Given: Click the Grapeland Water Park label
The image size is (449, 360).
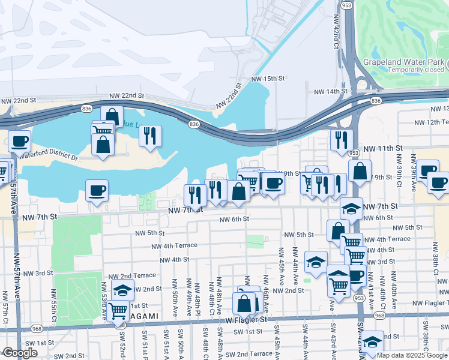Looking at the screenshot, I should coord(403,62).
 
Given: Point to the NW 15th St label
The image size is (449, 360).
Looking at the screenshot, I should coord(267,79).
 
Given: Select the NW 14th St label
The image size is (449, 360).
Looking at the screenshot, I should coord(331,91).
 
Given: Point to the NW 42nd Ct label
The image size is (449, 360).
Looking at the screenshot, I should coord(336,34).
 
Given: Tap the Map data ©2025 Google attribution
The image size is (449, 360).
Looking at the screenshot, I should coord(411,355).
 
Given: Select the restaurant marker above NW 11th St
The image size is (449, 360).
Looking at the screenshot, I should coord(342,140).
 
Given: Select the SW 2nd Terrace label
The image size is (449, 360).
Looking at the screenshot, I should coord(252,354).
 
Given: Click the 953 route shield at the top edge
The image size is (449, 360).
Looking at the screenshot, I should coord(346,4).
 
